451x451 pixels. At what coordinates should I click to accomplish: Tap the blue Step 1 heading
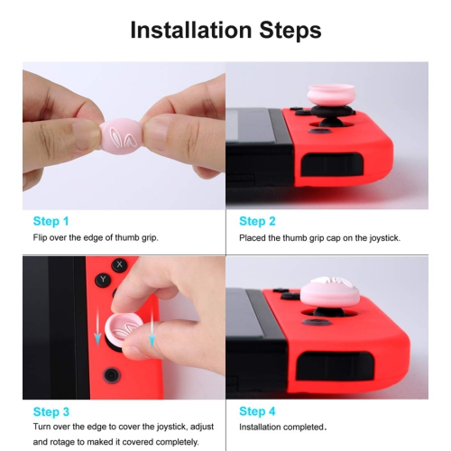[51, 221]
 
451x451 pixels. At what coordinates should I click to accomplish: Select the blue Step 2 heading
[258, 221]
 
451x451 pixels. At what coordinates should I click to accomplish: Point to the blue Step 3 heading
[51, 410]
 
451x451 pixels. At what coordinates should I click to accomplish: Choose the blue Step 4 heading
[258, 410]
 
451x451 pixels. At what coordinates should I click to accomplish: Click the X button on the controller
[120, 264]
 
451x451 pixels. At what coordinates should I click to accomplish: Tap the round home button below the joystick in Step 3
[110, 373]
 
